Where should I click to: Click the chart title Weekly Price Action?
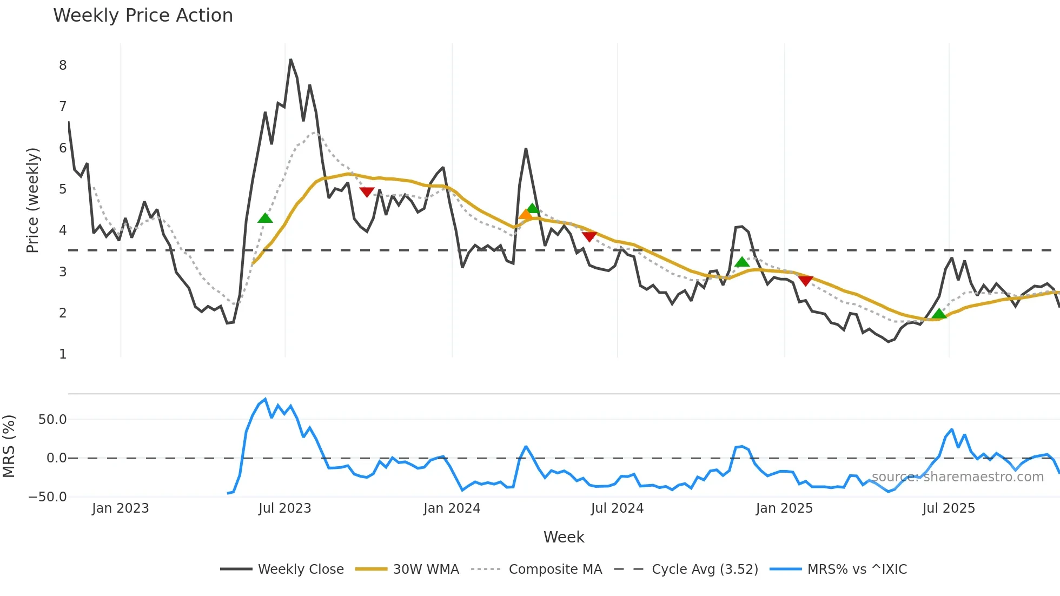pyautogui.click(x=143, y=16)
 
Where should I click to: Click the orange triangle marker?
pyautogui.click(x=525, y=215)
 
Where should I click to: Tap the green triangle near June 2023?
pyautogui.click(x=265, y=218)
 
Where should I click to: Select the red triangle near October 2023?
pyautogui.click(x=367, y=192)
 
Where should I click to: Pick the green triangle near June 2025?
pyautogui.click(x=939, y=314)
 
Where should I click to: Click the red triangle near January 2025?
pyautogui.click(x=805, y=281)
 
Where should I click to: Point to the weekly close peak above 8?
pyautogui.click(x=290, y=59)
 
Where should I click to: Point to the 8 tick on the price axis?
pyautogui.click(x=63, y=65)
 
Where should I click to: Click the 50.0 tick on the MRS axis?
pyautogui.click(x=52, y=420)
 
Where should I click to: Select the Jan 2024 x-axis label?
pyautogui.click(x=452, y=508)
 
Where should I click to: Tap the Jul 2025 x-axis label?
pyautogui.click(x=949, y=508)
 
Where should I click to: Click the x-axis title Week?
pyautogui.click(x=564, y=537)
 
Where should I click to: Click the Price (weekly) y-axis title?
pyautogui.click(x=32, y=200)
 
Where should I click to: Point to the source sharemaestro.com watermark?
pyautogui.click(x=957, y=477)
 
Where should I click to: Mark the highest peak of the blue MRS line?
pyautogui.click(x=265, y=399)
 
